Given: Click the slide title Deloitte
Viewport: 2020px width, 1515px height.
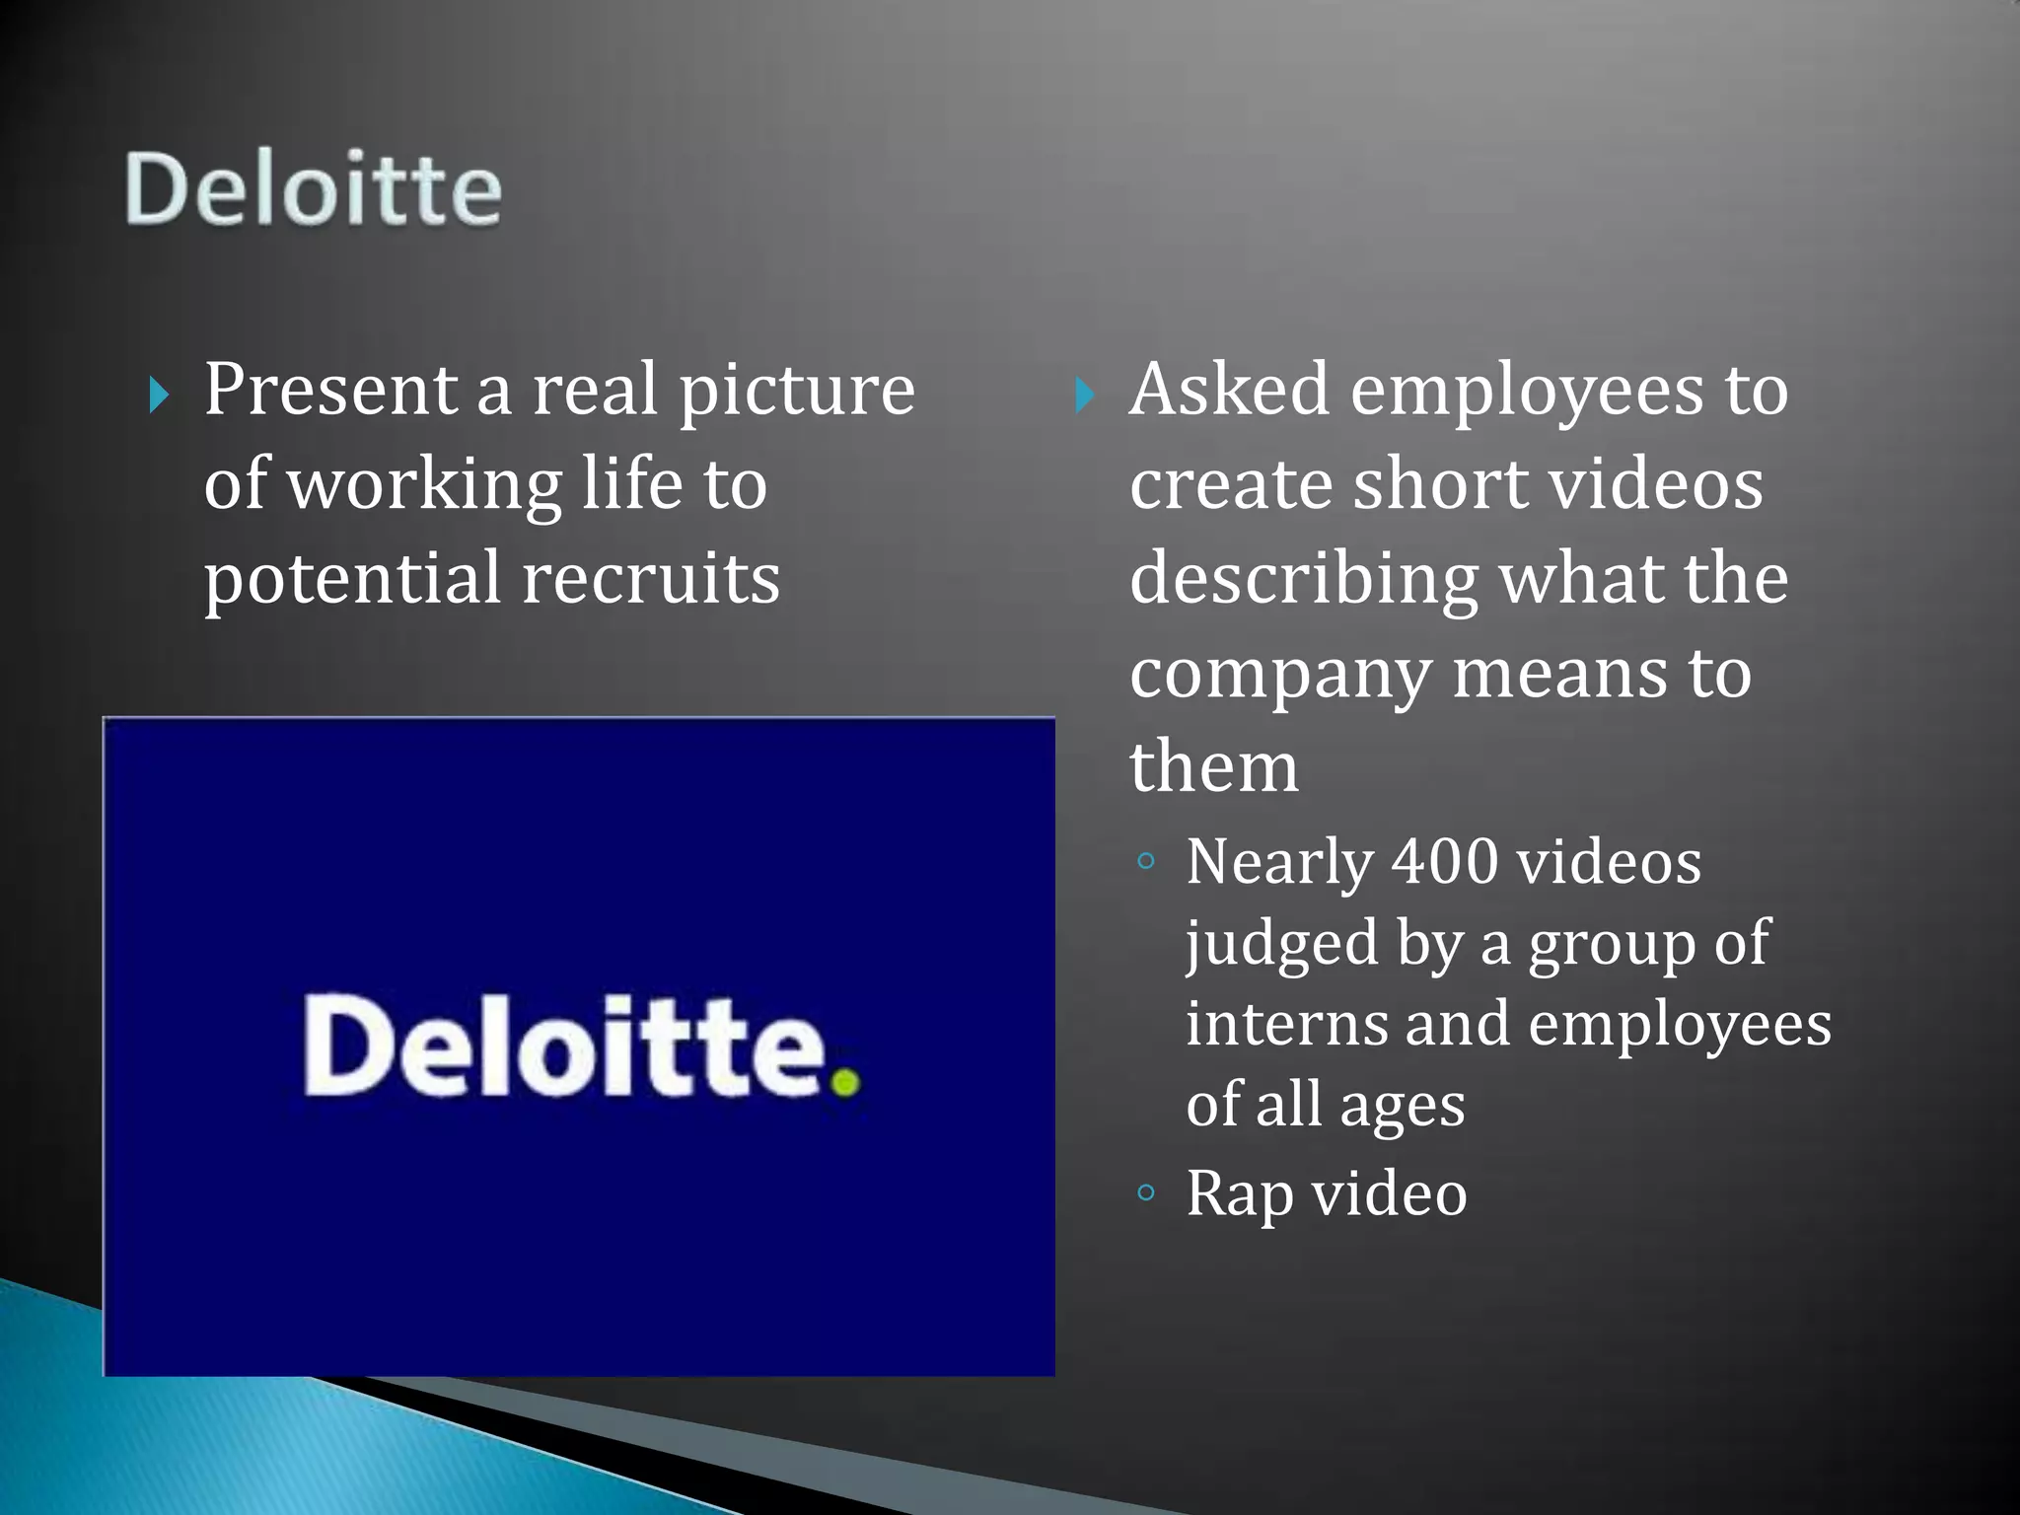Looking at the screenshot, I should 313,188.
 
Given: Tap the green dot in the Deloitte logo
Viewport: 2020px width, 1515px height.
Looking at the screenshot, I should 845,1082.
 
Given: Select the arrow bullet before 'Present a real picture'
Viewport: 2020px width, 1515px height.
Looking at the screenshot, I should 159,396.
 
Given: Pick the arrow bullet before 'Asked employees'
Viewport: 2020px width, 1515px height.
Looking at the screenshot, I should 1084,396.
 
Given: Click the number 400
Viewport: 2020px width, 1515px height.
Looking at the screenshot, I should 1444,862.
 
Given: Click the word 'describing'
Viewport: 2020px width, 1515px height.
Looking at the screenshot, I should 1303,580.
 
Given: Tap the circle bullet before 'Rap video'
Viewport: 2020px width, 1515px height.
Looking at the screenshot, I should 1145,1192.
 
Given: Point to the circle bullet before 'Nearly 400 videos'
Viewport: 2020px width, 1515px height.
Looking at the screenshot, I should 1145,861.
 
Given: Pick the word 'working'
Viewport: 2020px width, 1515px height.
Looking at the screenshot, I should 424,485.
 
